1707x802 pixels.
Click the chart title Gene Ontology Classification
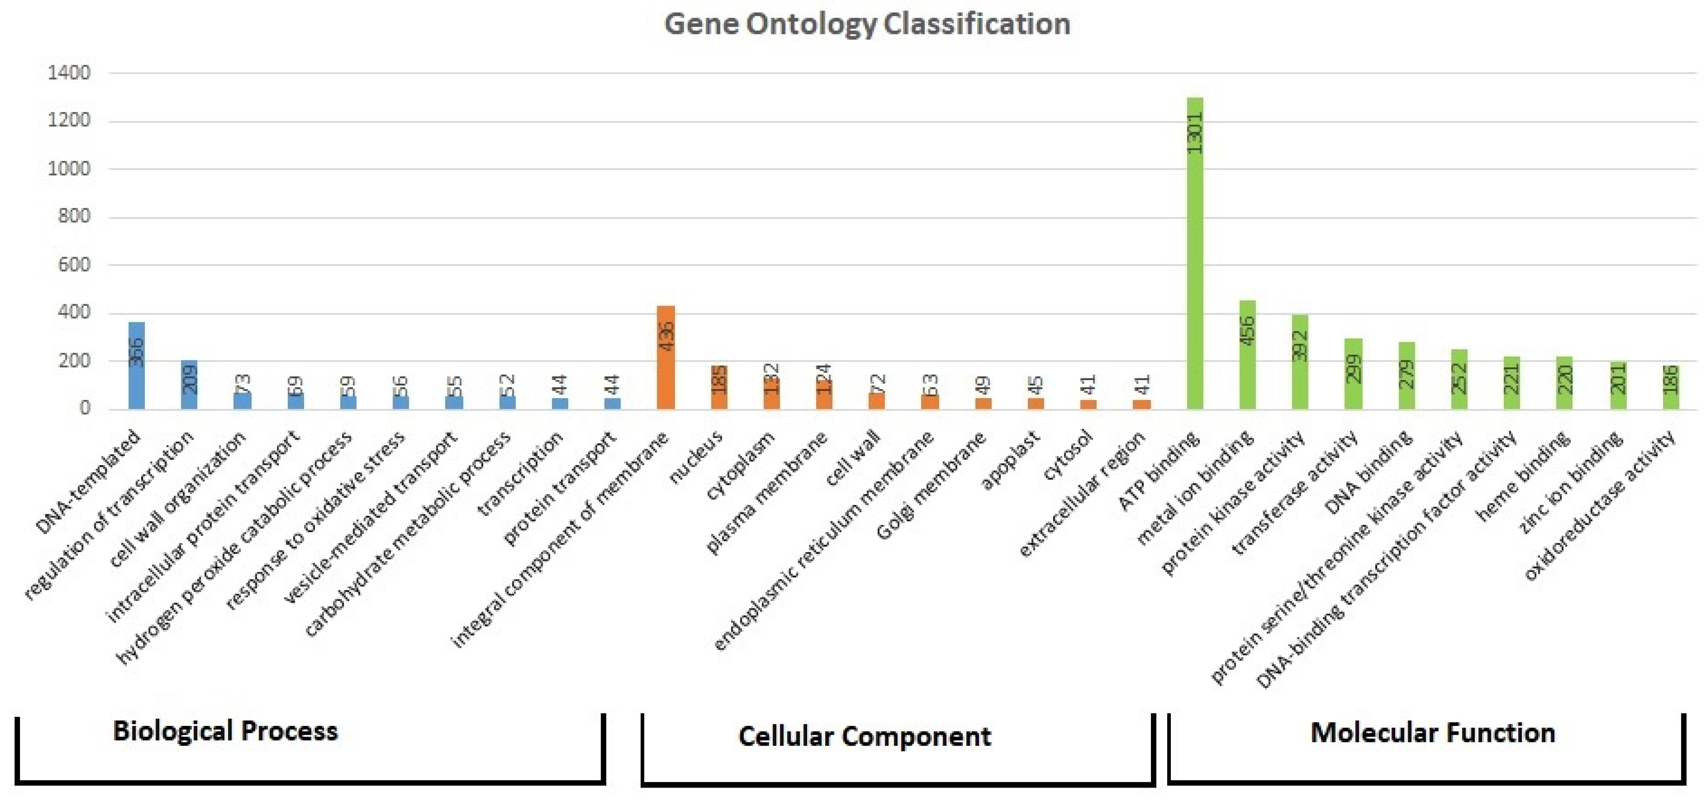(867, 24)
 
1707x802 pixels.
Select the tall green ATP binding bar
(1195, 265)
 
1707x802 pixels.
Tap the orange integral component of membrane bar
(666, 358)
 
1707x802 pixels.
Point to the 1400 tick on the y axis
(69, 73)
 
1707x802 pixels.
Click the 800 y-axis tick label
(73, 217)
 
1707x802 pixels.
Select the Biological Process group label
(225, 731)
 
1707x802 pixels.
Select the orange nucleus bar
(719, 387)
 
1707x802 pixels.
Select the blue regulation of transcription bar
(190, 384)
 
